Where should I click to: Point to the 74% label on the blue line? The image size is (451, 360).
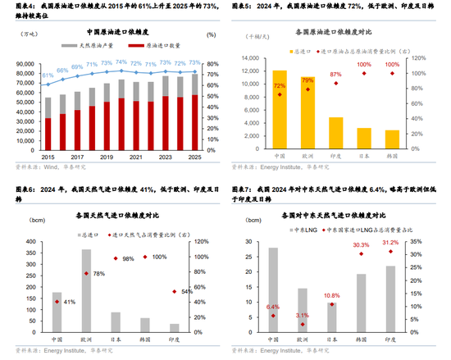[x=121, y=62]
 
